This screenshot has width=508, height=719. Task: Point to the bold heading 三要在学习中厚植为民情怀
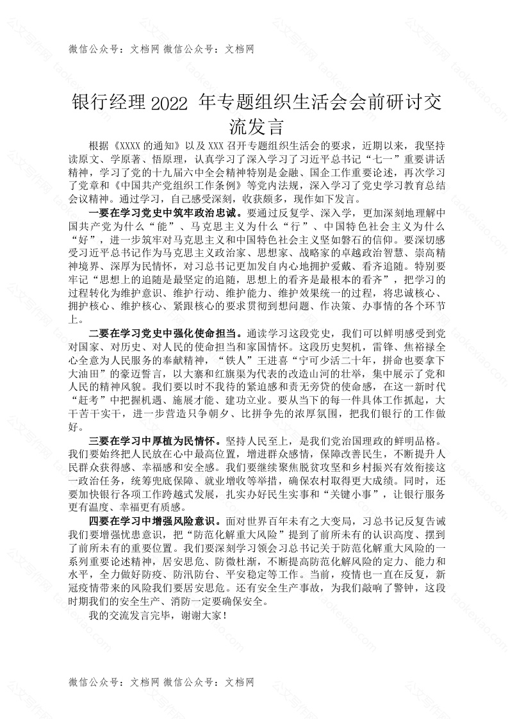point(152,441)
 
